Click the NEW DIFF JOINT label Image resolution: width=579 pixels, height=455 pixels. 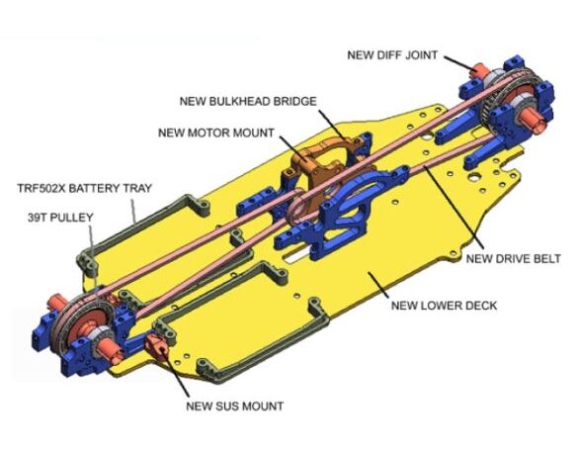(392, 55)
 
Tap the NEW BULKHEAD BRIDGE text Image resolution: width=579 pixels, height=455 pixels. (248, 101)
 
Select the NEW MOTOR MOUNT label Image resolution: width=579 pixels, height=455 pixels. (216, 133)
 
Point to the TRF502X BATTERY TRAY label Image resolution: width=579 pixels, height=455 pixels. (85, 188)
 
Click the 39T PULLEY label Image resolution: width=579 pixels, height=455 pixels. (60, 218)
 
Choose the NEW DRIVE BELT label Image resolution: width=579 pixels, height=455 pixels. (513, 259)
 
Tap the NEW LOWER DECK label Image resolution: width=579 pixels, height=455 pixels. (445, 306)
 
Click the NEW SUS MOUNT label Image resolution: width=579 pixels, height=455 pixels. (235, 407)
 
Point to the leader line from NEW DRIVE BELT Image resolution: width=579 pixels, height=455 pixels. (454, 208)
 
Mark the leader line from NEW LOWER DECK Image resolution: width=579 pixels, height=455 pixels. (378, 285)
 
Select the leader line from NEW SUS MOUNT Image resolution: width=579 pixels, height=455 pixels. (177, 371)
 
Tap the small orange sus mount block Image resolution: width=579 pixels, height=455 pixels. (156, 343)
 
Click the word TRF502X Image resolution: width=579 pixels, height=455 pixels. (41, 188)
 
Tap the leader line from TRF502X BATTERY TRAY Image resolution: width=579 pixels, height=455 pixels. (133, 211)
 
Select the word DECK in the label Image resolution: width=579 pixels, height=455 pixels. (480, 306)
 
